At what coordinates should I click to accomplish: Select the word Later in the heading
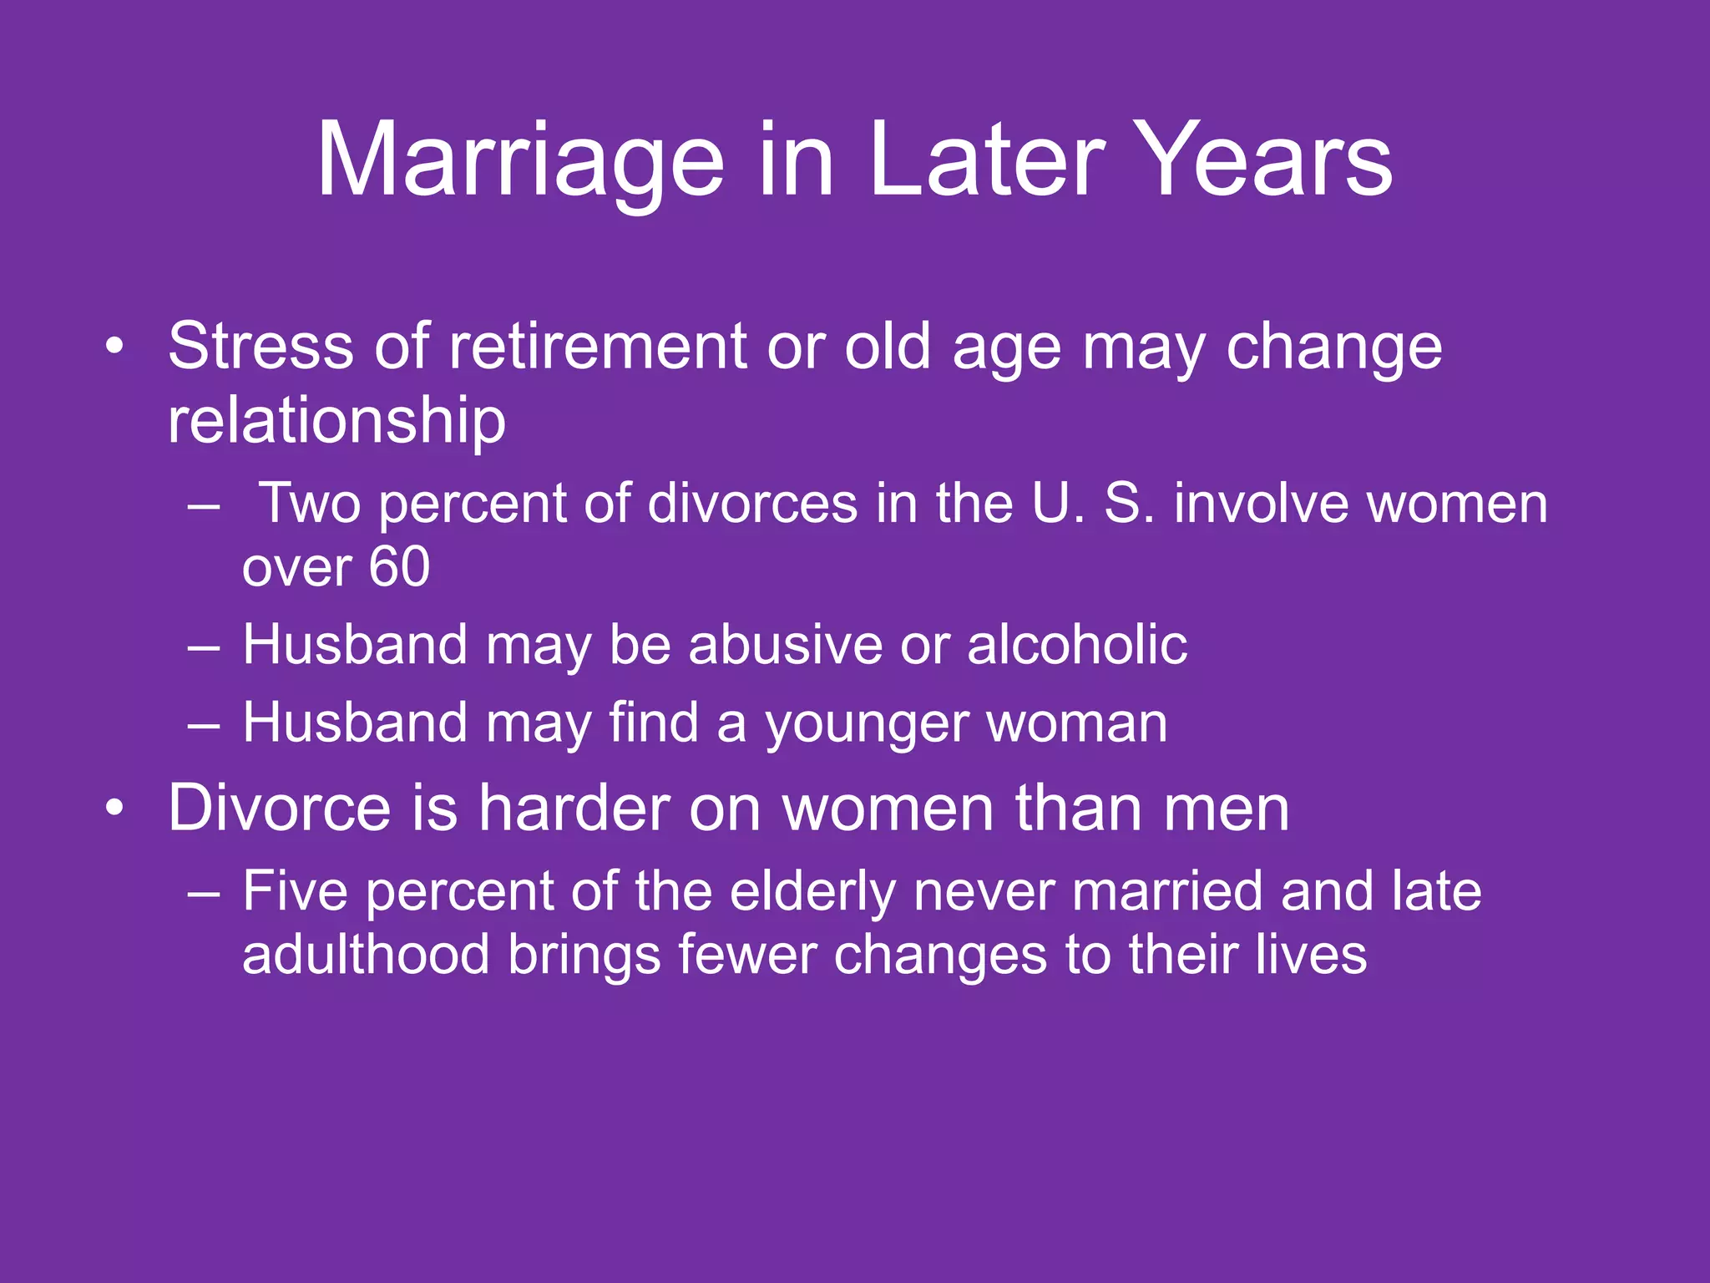click(986, 160)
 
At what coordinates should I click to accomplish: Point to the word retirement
click(598, 346)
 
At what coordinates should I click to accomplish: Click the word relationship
click(336, 419)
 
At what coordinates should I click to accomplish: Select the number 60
click(399, 567)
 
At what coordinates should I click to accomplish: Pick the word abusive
click(784, 645)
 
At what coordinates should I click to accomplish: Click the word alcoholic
click(1076, 645)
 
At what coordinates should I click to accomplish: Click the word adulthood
click(365, 955)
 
